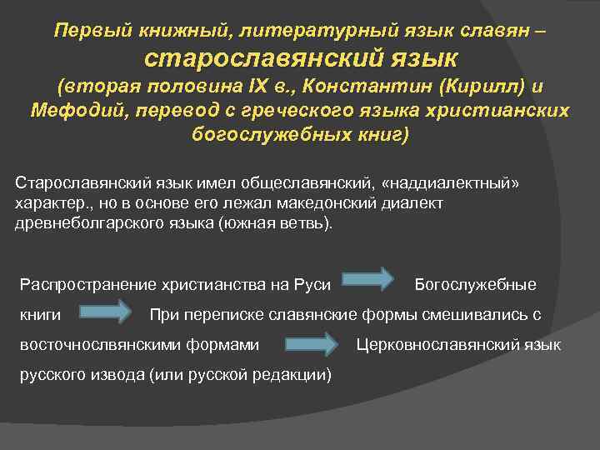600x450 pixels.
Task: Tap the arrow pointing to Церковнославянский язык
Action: coord(311,342)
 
